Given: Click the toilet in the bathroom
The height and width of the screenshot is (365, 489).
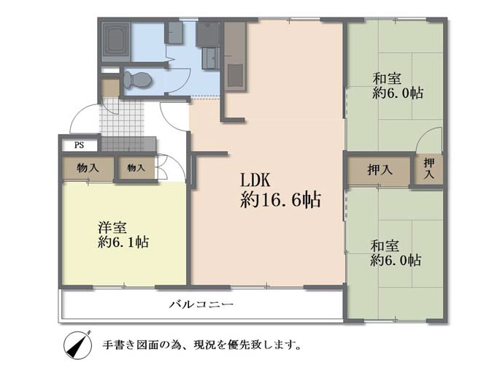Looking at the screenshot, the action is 137,80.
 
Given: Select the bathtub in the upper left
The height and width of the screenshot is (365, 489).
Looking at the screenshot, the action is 116,39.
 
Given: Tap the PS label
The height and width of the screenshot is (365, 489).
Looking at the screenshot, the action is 80,145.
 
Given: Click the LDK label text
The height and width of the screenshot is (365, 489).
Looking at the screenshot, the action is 255,180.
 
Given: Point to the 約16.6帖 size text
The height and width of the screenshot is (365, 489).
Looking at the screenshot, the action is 280,199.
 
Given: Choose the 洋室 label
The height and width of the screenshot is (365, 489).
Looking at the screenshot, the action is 112,228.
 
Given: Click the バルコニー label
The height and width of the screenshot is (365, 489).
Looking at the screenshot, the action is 201,304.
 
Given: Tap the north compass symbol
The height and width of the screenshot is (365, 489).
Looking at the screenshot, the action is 77,345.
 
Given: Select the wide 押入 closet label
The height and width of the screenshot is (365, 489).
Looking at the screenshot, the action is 380,169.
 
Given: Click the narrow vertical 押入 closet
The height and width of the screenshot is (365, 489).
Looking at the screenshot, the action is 429,169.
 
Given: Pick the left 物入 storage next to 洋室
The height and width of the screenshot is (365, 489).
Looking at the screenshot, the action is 88,169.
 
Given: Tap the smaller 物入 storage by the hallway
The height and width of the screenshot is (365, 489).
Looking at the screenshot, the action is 136,168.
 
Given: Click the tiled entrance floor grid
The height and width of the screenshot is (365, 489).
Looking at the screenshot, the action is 122,118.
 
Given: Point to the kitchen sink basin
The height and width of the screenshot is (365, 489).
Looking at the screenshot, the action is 235,76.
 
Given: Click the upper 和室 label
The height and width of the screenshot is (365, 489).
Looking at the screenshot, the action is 387,78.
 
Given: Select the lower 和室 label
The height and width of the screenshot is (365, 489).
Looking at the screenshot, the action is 385,246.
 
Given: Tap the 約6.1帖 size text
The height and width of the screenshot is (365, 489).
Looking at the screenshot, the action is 123,242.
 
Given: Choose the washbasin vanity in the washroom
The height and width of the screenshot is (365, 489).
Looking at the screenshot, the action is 211,58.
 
